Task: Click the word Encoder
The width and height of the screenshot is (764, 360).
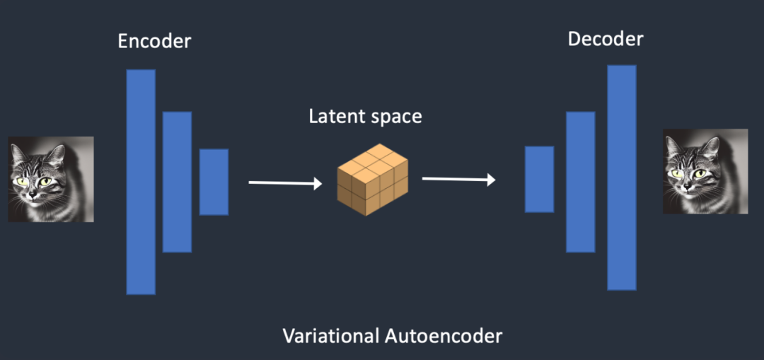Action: coord(154,41)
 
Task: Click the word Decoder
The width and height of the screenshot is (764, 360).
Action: coord(606,38)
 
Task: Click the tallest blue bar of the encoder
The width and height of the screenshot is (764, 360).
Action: coord(141,182)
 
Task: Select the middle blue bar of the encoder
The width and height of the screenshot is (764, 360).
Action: coord(177,182)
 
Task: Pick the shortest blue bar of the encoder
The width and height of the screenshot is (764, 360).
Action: coord(214,182)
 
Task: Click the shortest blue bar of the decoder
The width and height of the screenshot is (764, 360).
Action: coord(539,179)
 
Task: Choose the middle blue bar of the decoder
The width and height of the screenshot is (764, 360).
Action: coord(580,182)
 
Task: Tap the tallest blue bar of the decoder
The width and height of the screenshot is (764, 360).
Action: coord(621,178)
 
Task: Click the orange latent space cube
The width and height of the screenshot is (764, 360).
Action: coord(372,179)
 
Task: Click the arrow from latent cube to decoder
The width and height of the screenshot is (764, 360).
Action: coord(458,179)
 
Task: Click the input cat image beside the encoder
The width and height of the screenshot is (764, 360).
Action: coord(51,179)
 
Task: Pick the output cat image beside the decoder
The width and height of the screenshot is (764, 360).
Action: coord(705,171)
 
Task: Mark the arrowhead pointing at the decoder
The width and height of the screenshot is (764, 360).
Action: coord(490,180)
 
